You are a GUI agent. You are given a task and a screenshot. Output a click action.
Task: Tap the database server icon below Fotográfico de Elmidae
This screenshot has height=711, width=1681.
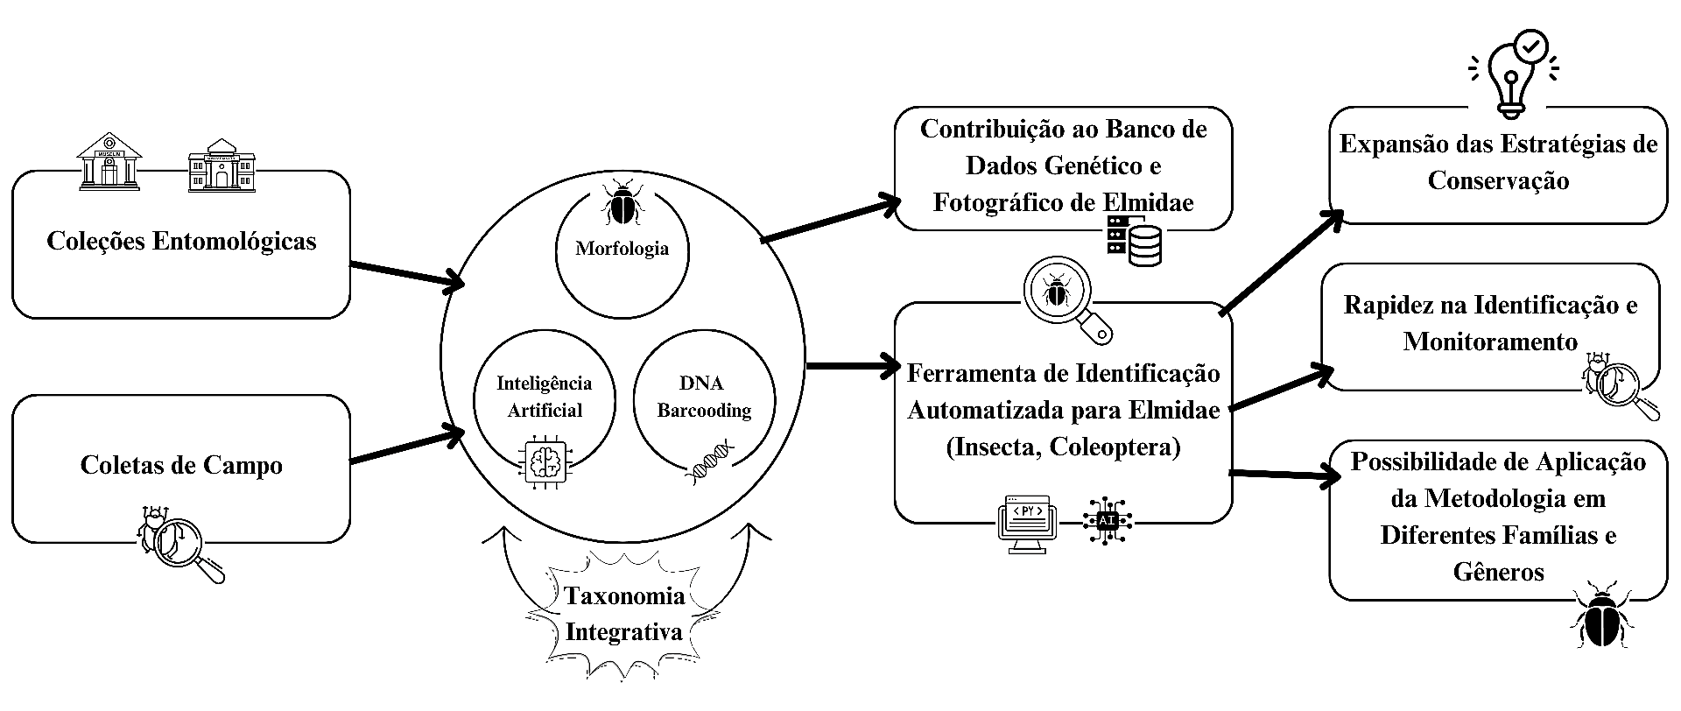[1135, 240]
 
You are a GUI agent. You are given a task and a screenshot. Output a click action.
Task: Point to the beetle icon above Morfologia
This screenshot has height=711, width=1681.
[622, 204]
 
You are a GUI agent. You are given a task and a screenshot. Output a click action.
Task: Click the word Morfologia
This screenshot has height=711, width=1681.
[622, 249]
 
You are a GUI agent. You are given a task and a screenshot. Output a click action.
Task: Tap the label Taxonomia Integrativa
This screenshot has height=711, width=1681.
[623, 614]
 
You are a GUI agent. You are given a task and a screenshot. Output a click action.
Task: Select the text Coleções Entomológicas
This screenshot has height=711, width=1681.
[181, 242]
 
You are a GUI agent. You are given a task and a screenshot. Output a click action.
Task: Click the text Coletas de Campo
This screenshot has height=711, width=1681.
[181, 465]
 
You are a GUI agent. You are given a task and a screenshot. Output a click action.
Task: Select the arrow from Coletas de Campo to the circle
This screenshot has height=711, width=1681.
[407, 445]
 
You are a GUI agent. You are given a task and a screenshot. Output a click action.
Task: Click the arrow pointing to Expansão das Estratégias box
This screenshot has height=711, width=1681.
[1282, 262]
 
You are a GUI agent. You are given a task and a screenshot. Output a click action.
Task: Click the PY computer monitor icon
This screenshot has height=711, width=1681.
[1027, 524]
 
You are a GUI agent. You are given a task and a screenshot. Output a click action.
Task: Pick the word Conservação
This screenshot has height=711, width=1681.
[1498, 181]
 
